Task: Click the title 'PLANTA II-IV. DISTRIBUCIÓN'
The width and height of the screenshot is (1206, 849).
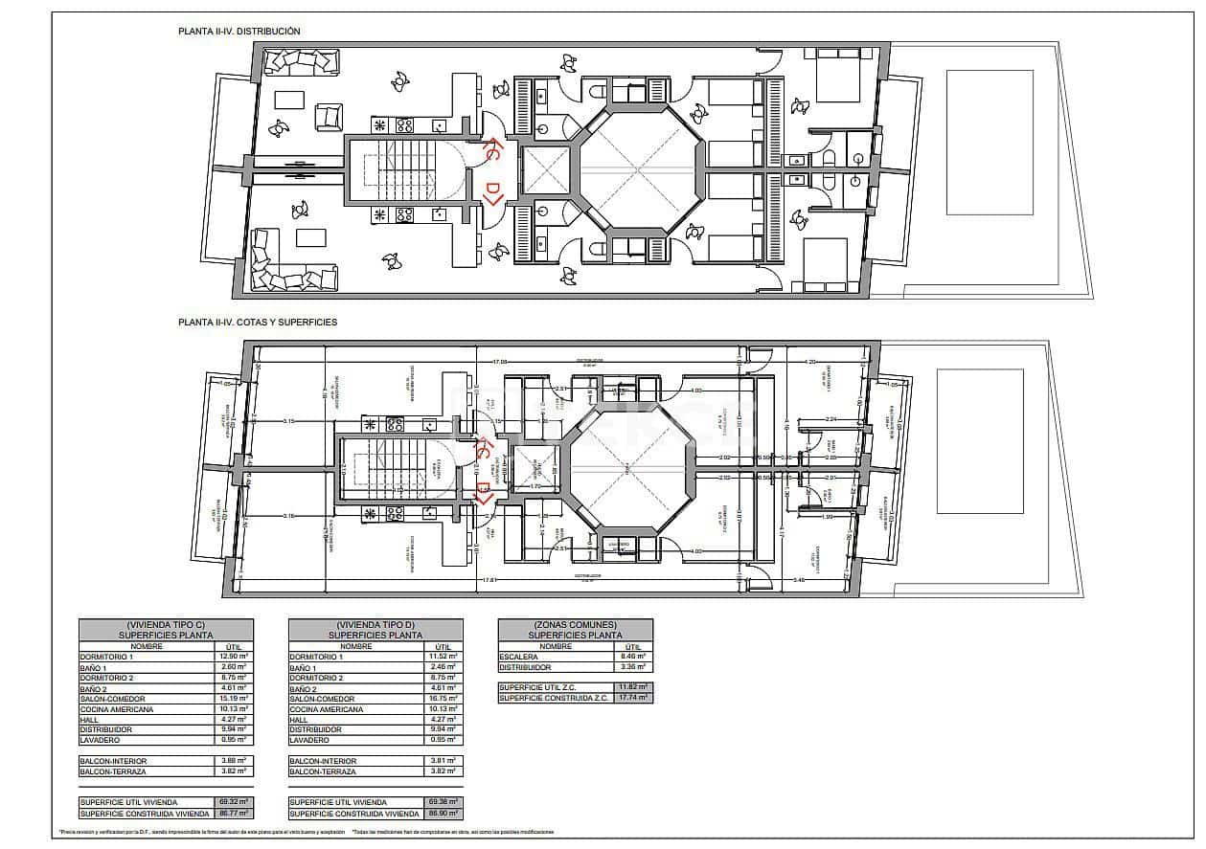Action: click(239, 32)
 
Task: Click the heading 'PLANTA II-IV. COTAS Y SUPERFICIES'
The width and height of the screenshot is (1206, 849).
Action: click(258, 324)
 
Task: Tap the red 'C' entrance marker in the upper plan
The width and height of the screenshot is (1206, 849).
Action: click(489, 151)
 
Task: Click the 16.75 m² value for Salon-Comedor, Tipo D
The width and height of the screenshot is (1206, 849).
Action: click(443, 699)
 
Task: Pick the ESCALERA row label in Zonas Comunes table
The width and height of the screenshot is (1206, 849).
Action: click(518, 657)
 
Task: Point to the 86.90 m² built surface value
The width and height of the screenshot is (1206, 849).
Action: click(443, 813)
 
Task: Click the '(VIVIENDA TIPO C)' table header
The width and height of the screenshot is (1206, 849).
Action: click(166, 624)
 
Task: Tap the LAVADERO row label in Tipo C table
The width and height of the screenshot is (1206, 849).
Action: click(100, 740)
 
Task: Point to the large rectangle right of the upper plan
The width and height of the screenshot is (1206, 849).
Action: click(990, 142)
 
